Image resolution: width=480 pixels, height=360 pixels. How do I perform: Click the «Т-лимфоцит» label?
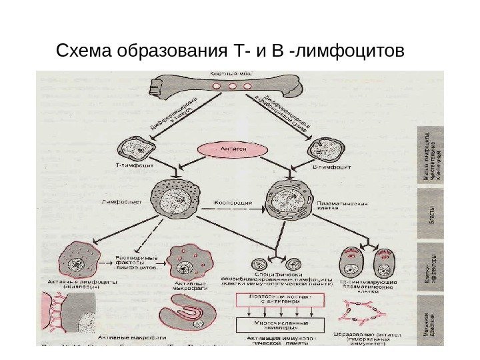pyautogui.click(x=137, y=170)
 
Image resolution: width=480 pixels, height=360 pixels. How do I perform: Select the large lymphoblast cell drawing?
pyautogui.click(x=176, y=200)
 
